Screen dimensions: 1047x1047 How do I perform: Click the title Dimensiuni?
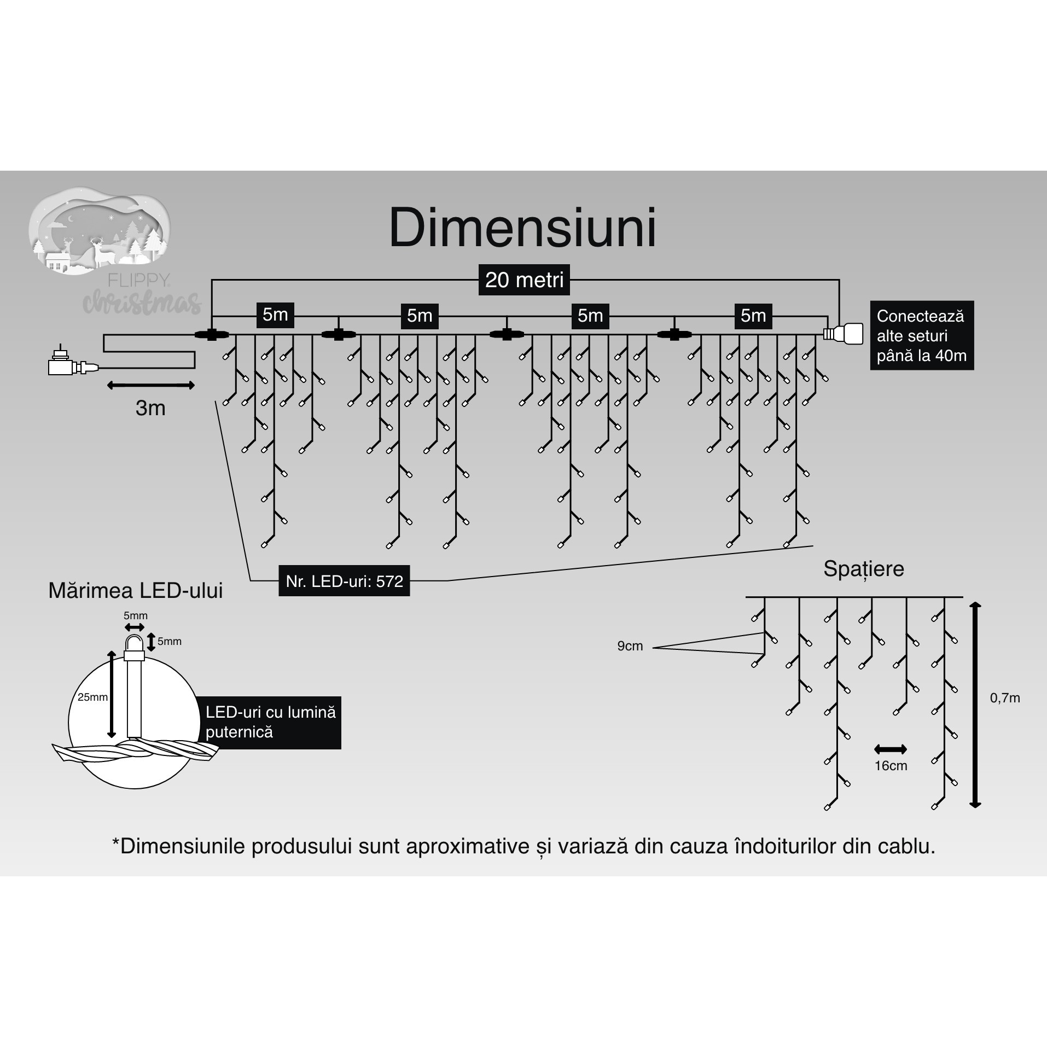pyautogui.click(x=522, y=228)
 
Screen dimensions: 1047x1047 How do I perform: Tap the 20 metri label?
pyautogui.click(x=524, y=280)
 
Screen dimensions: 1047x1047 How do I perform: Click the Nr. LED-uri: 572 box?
pyautogui.click(x=344, y=581)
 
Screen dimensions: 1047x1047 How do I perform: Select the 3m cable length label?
pyautogui.click(x=150, y=408)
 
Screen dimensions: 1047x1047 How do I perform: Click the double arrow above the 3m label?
pyautogui.click(x=150, y=386)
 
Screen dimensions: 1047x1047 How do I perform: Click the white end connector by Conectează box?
pyautogui.click(x=843, y=333)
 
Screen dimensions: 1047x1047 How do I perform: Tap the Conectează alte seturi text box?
pyautogui.click(x=921, y=335)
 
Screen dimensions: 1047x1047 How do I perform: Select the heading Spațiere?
pyautogui.click(x=863, y=569)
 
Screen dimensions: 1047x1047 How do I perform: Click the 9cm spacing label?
pyautogui.click(x=630, y=646)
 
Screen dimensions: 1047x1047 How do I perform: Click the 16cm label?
pyautogui.click(x=891, y=766)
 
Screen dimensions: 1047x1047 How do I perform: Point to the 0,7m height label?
pyautogui.click(x=1005, y=698)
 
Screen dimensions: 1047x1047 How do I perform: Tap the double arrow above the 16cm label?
pyautogui.click(x=891, y=749)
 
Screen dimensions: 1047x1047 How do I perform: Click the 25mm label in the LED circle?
pyautogui.click(x=92, y=697)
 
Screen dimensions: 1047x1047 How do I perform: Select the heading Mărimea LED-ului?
pyautogui.click(x=136, y=591)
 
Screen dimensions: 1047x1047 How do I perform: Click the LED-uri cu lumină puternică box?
pyautogui.click(x=270, y=722)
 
